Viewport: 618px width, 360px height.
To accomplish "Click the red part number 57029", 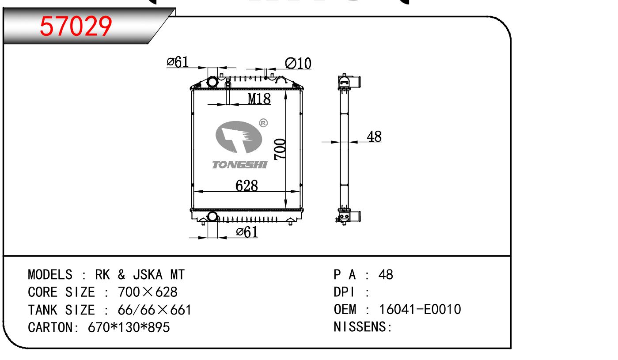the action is pyautogui.click(x=76, y=26).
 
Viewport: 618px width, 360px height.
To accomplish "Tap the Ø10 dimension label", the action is pyautogui.click(x=298, y=64).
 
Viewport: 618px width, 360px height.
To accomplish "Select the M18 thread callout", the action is pyautogui.click(x=259, y=99).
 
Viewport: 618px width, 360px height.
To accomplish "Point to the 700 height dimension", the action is pyautogui.click(x=280, y=149).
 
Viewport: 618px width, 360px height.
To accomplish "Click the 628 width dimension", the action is pyautogui.click(x=246, y=186).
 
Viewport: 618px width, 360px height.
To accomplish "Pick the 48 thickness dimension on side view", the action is pyautogui.click(x=374, y=136).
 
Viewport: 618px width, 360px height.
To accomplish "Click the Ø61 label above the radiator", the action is pyautogui.click(x=178, y=62).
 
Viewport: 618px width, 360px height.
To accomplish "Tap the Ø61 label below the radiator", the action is pyautogui.click(x=247, y=232).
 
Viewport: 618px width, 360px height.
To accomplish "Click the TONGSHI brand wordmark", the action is pyautogui.click(x=239, y=165).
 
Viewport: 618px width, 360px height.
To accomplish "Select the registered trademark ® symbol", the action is pyautogui.click(x=263, y=123).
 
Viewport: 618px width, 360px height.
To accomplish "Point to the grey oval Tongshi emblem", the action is pyautogui.click(x=239, y=137).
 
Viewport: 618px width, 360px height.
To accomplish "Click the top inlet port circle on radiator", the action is pyautogui.click(x=212, y=82).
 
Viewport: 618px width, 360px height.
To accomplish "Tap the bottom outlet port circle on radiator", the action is pyautogui.click(x=212, y=216).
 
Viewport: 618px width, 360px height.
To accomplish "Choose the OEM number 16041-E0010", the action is pyautogui.click(x=420, y=309).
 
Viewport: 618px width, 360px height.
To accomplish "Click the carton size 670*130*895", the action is pyautogui.click(x=129, y=327).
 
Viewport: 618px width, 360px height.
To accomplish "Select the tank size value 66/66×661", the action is pyautogui.click(x=155, y=310).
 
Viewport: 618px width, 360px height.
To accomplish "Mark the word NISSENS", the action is pyautogui.click(x=360, y=327).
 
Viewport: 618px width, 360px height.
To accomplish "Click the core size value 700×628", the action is pyautogui.click(x=148, y=292).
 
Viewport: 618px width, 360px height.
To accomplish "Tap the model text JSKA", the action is pyautogui.click(x=148, y=275).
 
